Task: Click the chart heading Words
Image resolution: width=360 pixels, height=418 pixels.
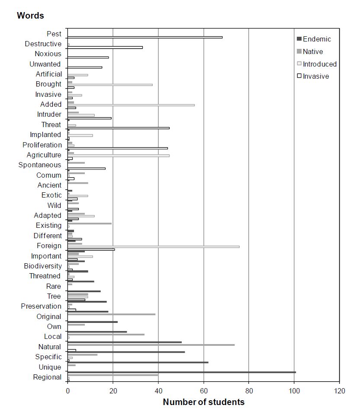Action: pos(30,16)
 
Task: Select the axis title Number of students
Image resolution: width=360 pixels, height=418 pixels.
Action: pos(203,402)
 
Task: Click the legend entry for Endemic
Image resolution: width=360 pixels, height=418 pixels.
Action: pos(317,39)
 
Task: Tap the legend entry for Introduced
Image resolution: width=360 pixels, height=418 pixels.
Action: pos(319,64)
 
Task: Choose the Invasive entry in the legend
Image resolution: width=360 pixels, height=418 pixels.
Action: pos(316,77)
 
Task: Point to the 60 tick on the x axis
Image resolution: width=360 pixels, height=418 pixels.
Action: pos(203,391)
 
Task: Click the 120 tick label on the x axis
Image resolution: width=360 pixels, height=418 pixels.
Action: pos(339,391)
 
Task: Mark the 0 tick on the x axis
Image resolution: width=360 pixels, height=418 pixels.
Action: pos(67,391)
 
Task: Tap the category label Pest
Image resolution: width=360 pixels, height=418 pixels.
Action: pos(54,34)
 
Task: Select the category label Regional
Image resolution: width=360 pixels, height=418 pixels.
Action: pos(47,377)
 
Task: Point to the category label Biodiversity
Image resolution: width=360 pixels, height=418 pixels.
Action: pos(43,266)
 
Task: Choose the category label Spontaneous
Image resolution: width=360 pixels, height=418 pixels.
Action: pos(40,165)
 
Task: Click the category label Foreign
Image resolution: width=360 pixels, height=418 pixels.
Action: pos(49,246)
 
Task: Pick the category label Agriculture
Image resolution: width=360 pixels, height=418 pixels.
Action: pos(44,155)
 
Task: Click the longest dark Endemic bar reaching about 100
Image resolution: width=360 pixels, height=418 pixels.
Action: pos(181,372)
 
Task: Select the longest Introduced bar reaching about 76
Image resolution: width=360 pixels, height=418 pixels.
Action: pos(153,247)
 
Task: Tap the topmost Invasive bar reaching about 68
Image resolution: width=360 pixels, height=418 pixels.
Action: pos(145,37)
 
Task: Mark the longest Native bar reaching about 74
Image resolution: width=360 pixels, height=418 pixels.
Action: pos(151,345)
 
